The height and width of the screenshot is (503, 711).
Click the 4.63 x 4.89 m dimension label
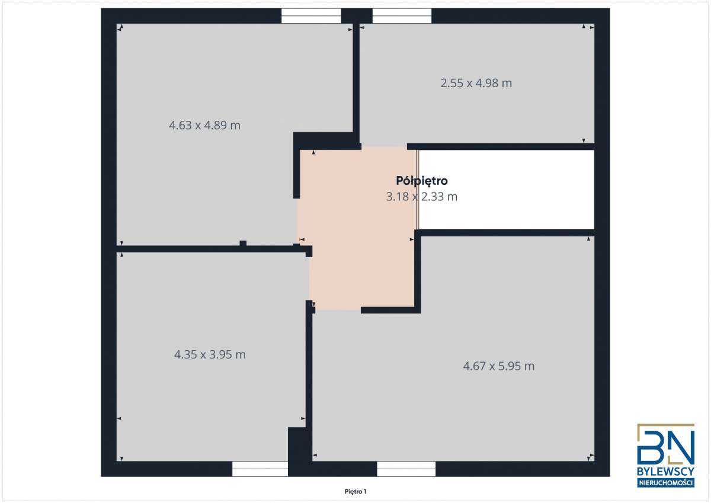coord(204,126)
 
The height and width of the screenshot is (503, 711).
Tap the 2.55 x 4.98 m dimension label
coord(476,84)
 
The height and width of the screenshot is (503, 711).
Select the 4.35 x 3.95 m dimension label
coord(210,355)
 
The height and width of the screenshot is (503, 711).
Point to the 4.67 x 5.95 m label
coord(498,366)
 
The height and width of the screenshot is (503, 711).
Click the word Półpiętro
coord(421,181)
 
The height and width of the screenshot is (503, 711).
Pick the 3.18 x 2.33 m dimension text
coord(421,197)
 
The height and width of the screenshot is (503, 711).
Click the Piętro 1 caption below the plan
coord(356,491)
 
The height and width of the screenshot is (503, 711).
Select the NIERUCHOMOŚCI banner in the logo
coord(665,483)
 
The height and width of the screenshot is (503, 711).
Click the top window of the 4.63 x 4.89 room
coord(311,16)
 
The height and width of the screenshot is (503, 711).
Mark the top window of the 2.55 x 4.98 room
coord(402,16)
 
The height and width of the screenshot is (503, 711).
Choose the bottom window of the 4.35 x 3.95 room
coord(260,469)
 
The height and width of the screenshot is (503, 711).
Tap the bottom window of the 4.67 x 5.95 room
coord(406,469)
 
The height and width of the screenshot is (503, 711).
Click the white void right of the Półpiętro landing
coord(507,190)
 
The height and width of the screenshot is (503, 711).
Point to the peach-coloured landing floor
coord(355,261)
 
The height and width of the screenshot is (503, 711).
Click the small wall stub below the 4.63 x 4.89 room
coord(243,243)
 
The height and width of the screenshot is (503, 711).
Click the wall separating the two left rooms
coord(207,249)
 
